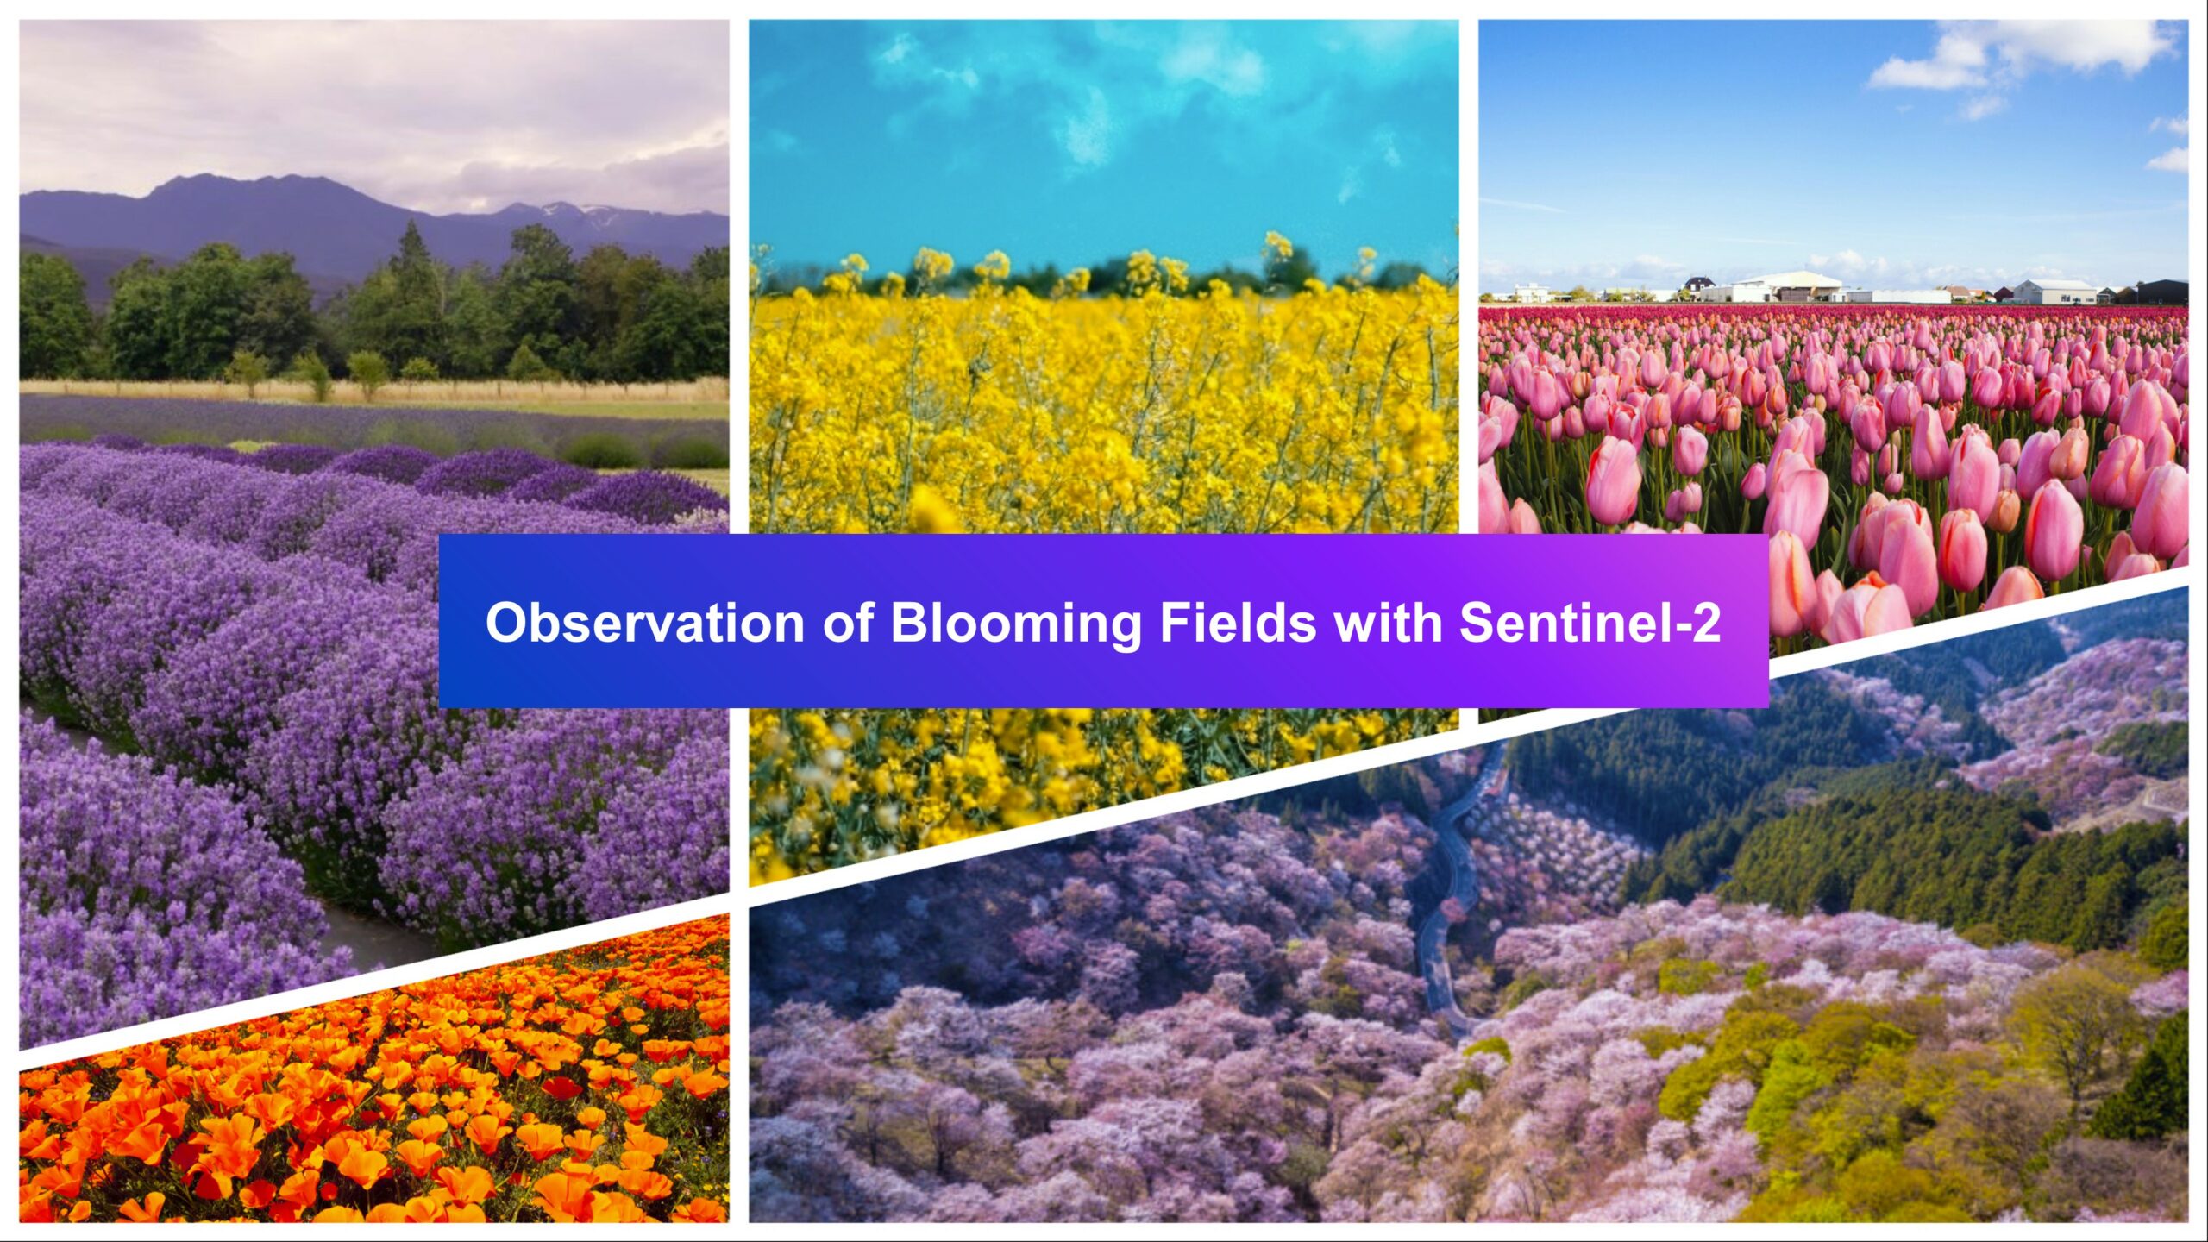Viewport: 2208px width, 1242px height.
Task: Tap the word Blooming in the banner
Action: tap(1015, 623)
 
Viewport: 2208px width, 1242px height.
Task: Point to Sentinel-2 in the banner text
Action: tap(1590, 623)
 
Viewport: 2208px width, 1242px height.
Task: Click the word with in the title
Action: tap(1388, 623)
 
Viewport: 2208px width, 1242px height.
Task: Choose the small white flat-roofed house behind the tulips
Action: tap(1531, 292)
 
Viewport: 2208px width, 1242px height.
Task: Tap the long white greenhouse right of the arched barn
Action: tap(1897, 296)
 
